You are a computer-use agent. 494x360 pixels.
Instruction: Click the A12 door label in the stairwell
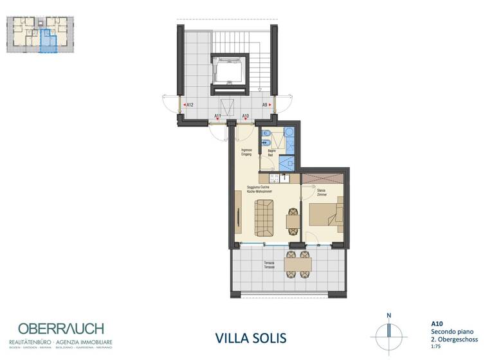(x=190, y=105)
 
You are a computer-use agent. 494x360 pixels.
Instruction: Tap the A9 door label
(x=264, y=105)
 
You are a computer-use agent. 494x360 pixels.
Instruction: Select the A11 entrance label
(x=218, y=116)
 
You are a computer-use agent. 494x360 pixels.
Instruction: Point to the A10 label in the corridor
(x=246, y=116)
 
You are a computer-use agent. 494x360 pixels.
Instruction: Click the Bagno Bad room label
(x=271, y=152)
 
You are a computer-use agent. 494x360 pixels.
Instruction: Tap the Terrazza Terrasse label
(x=269, y=265)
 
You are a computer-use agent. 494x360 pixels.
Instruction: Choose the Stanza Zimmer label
(x=323, y=192)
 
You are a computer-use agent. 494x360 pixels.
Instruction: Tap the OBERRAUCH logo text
(x=61, y=328)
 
